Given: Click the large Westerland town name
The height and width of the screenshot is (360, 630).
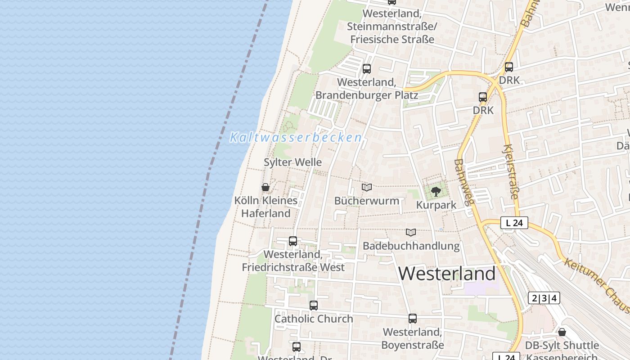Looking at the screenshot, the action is pos(447,274).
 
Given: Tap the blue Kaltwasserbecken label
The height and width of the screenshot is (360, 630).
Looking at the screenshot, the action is pos(296,138).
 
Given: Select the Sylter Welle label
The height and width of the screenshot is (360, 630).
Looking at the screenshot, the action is pos(292,162).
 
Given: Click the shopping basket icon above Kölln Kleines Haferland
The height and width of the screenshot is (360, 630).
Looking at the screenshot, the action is pos(265,187).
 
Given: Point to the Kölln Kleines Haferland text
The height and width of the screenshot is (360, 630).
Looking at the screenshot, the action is pos(266,207).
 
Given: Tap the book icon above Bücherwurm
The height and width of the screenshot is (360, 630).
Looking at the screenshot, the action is pos(367,187).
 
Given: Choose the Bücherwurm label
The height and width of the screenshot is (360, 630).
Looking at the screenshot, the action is pos(367,201).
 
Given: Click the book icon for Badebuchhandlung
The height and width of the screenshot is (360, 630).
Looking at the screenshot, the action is pos(411,233).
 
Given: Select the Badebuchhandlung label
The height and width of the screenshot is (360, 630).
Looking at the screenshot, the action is pos(411,246).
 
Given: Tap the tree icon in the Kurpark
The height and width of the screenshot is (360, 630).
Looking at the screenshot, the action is pos(436,192).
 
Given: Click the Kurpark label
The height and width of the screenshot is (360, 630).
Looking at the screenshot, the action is pos(436,205).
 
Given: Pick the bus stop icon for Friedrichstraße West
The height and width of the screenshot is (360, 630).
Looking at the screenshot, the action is pos(293,241).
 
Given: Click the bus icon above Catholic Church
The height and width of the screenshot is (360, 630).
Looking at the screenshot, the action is pos(314,306).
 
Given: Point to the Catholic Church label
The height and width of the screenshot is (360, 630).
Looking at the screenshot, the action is pos(314,319).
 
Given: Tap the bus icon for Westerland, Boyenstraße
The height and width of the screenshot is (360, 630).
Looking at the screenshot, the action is pos(413,319).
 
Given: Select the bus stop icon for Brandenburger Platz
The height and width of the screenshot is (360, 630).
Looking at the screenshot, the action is pos(367,69).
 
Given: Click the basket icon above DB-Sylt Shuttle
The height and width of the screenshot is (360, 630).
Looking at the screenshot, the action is pos(562,333).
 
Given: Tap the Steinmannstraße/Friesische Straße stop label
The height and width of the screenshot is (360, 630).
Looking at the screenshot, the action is pos(392,27).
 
